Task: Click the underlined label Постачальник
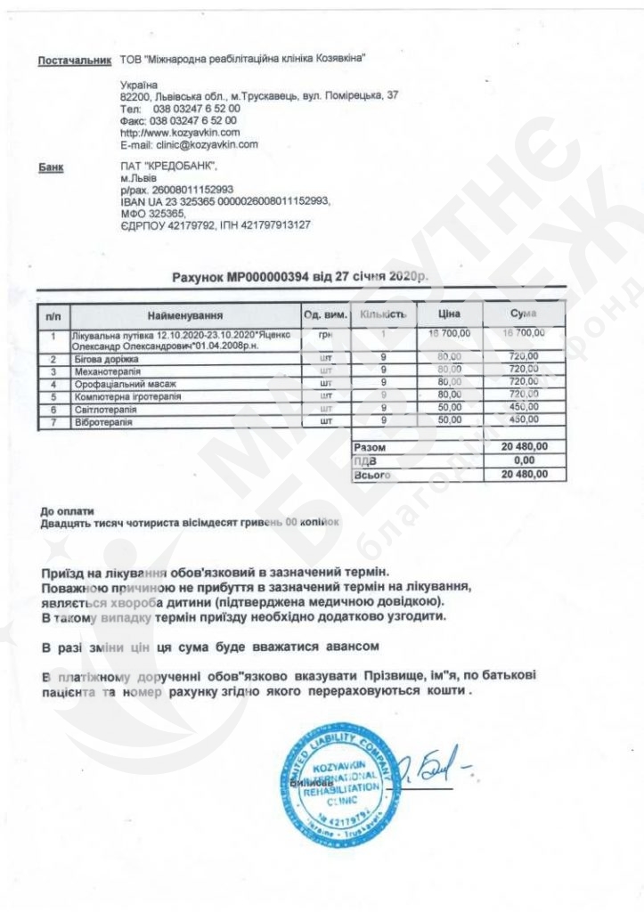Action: [x=74, y=60]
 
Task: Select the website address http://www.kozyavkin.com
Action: [x=179, y=132]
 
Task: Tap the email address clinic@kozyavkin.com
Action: [x=189, y=143]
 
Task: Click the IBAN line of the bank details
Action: [x=224, y=201]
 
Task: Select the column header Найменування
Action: [x=185, y=315]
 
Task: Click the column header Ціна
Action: [x=449, y=314]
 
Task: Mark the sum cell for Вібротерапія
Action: [x=524, y=420]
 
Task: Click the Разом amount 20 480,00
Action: [x=526, y=446]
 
